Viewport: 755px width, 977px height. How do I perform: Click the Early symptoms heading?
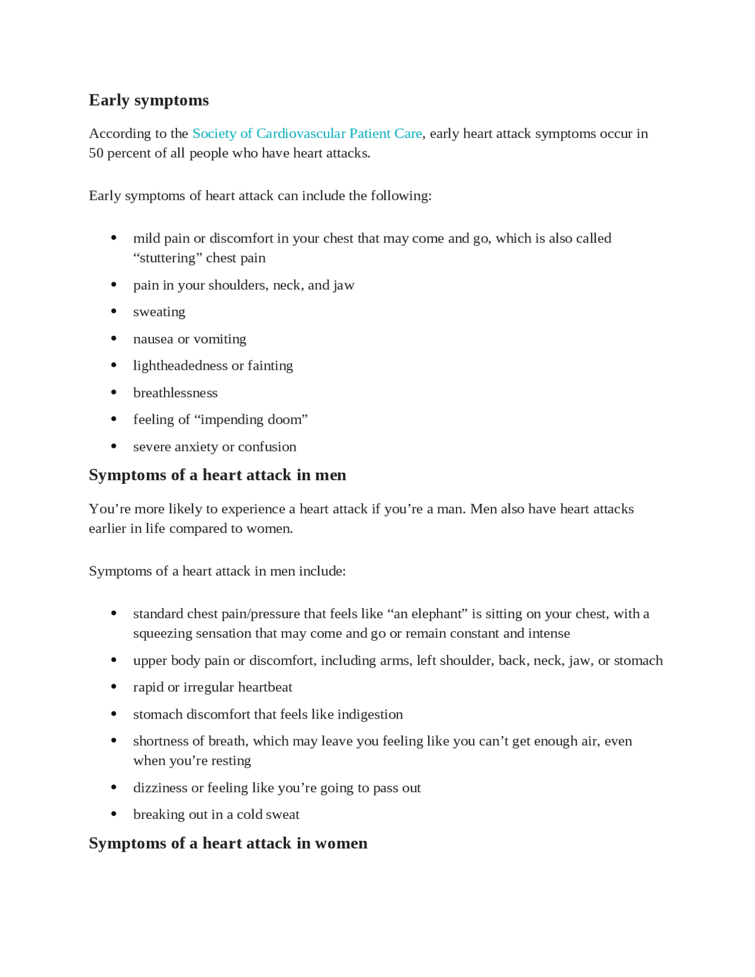(x=149, y=100)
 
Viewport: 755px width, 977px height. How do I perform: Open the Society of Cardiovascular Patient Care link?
(x=307, y=133)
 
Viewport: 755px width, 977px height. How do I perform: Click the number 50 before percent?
(x=96, y=153)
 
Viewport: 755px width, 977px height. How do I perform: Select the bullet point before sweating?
(x=113, y=312)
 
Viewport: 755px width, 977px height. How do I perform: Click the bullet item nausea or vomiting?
(x=189, y=339)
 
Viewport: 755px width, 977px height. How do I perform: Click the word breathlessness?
(x=175, y=393)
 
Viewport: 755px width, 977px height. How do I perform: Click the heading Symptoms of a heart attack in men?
(x=217, y=475)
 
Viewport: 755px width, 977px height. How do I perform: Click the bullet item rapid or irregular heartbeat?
(x=212, y=687)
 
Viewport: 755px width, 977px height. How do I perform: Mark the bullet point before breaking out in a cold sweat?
(x=113, y=814)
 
